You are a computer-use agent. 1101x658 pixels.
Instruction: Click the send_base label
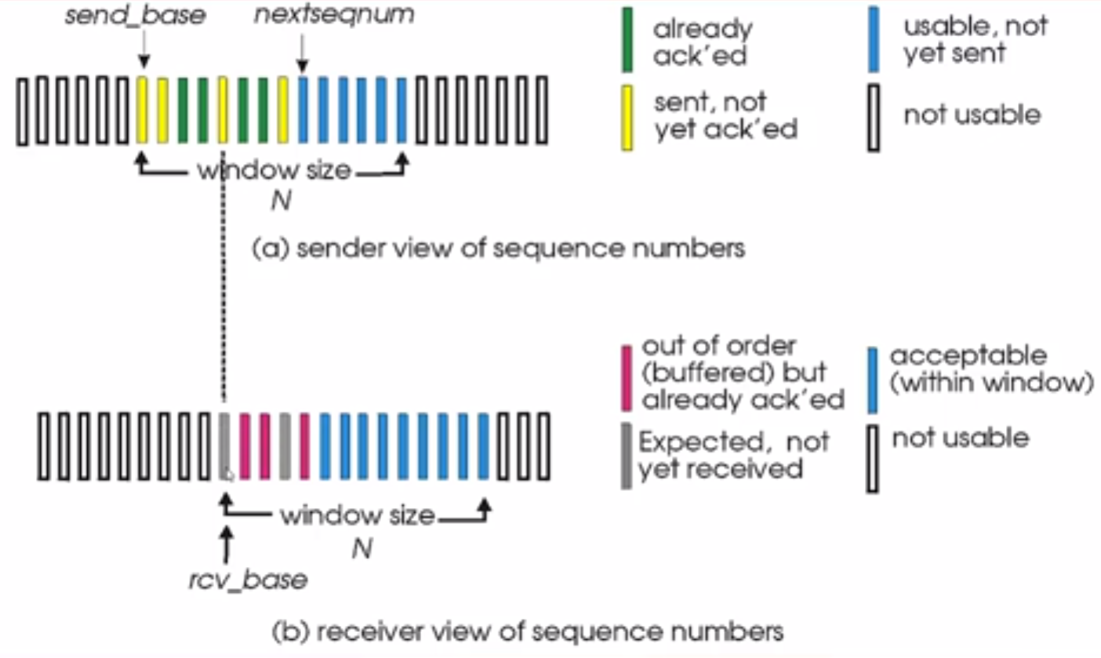(x=135, y=16)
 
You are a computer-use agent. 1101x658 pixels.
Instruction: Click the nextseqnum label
(x=334, y=14)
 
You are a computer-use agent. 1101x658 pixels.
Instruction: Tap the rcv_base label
(x=249, y=580)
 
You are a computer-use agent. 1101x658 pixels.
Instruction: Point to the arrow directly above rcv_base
(x=226, y=544)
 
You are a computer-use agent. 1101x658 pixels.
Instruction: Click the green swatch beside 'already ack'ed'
(x=627, y=40)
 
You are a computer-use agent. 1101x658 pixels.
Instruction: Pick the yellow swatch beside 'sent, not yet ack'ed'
(x=627, y=118)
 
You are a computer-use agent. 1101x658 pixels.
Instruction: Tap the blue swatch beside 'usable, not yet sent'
(x=874, y=39)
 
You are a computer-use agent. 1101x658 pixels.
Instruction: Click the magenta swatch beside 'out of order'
(x=627, y=378)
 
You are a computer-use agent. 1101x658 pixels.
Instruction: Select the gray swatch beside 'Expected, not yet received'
(x=627, y=456)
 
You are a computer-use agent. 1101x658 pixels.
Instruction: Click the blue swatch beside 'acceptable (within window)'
(x=873, y=380)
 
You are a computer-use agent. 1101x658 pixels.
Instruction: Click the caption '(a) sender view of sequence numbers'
(x=499, y=249)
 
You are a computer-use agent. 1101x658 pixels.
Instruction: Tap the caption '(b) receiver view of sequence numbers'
(x=528, y=632)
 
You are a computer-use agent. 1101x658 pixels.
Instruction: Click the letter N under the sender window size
(x=282, y=201)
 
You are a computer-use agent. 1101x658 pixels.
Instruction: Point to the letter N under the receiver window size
(x=362, y=548)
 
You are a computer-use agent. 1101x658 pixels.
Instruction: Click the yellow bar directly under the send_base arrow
(x=142, y=110)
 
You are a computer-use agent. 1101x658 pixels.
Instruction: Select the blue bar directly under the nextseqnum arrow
(x=303, y=110)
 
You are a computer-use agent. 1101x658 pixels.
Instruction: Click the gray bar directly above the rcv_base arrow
(x=224, y=446)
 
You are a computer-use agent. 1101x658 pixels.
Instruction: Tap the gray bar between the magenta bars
(x=285, y=446)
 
